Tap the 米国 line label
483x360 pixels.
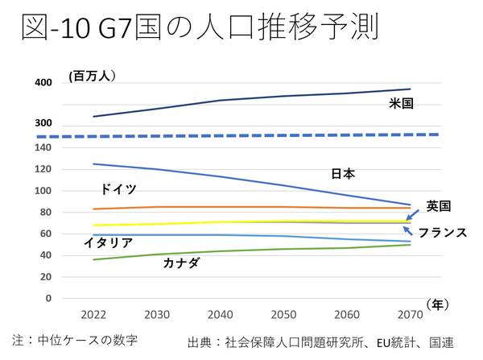coord(401,103)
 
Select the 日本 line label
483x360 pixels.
coord(343,172)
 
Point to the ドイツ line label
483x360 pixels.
coord(118,189)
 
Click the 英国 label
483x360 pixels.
coord(438,205)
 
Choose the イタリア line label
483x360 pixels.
coord(108,242)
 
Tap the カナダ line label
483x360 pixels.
coord(181,263)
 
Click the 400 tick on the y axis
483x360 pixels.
coord(43,83)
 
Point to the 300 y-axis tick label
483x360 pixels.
coord(43,123)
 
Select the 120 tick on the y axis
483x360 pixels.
coord(43,169)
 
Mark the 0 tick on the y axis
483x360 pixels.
coord(48,298)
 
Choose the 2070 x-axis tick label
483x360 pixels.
coord(411,313)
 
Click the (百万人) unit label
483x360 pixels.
coord(93,76)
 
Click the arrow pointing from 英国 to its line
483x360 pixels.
coord(413,213)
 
